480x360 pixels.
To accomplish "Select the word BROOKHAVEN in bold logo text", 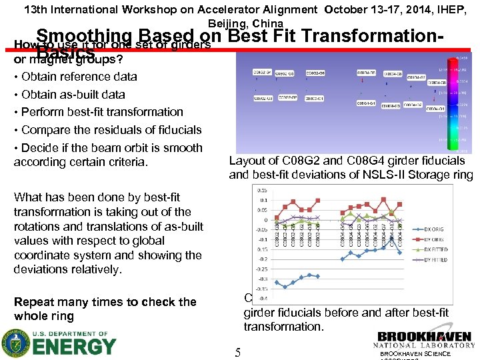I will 423,337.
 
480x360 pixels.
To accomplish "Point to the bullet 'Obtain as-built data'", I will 73,94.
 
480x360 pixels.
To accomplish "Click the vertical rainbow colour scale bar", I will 449,100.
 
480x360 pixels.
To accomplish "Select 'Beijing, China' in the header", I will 240,23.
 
